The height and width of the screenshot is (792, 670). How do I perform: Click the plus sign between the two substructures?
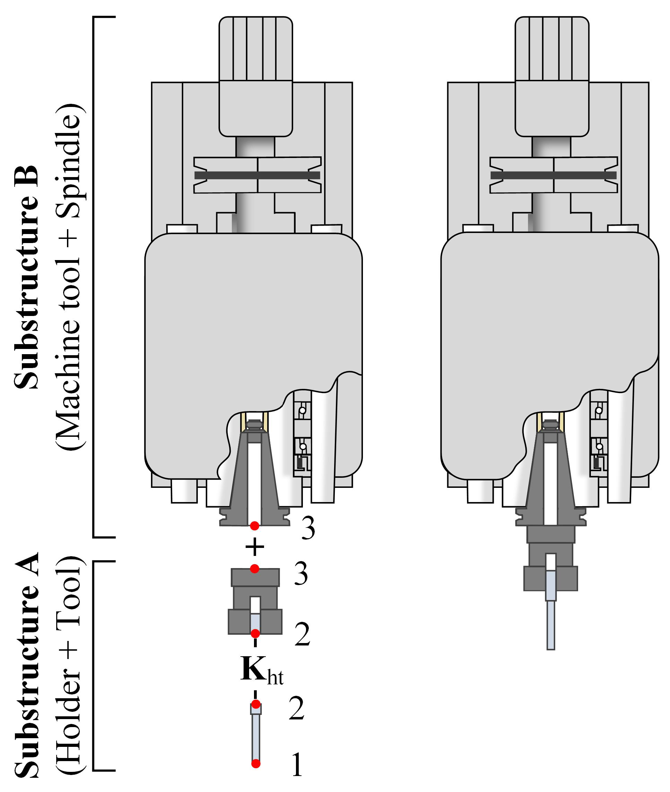point(254,548)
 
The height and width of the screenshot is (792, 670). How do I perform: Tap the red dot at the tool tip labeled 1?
point(256,763)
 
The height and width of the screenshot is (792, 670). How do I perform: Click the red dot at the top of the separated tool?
point(256,704)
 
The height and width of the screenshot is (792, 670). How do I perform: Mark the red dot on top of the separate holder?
point(254,568)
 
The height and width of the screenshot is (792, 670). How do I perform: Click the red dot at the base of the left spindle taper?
point(254,526)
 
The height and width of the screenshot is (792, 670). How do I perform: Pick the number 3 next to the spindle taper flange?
point(308,528)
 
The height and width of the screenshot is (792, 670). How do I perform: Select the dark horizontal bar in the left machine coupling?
point(257,175)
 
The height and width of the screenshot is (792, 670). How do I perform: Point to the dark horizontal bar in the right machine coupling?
point(553,175)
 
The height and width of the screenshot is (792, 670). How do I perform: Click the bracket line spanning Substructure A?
point(94,665)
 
